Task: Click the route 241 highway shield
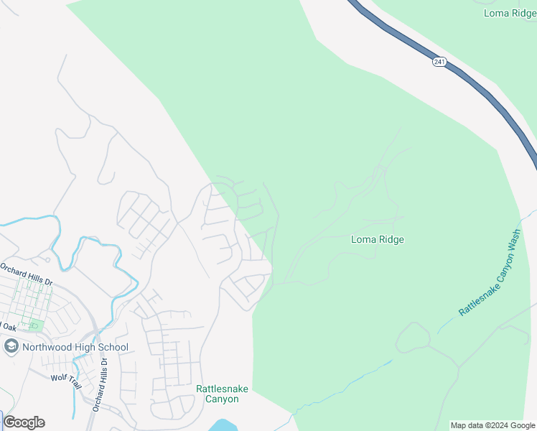tap(439, 63)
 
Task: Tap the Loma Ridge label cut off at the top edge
tap(510, 12)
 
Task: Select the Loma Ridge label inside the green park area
tap(377, 239)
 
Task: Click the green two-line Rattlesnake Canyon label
tap(223, 394)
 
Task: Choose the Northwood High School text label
tap(75, 348)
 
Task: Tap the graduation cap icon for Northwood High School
tap(11, 348)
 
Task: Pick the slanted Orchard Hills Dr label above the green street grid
tap(27, 273)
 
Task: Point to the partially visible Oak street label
tap(9, 327)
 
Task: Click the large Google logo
tap(24, 422)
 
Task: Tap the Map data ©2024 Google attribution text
tap(492, 425)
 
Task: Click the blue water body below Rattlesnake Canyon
tap(224, 425)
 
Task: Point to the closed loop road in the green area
tap(413, 337)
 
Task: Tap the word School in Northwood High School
tap(113, 348)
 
